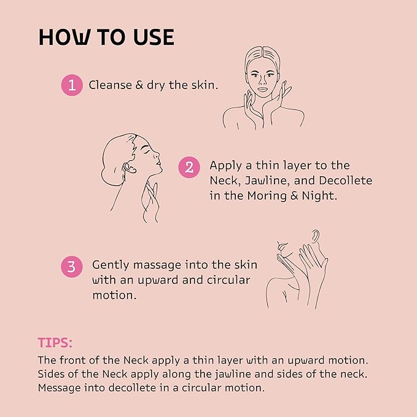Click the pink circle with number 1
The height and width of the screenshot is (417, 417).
tap(72, 85)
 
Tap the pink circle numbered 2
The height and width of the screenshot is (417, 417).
tap(189, 166)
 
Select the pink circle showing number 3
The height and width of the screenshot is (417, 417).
tap(72, 267)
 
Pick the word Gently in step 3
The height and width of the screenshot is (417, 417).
tap(111, 265)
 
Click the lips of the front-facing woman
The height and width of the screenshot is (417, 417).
tap(262, 90)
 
